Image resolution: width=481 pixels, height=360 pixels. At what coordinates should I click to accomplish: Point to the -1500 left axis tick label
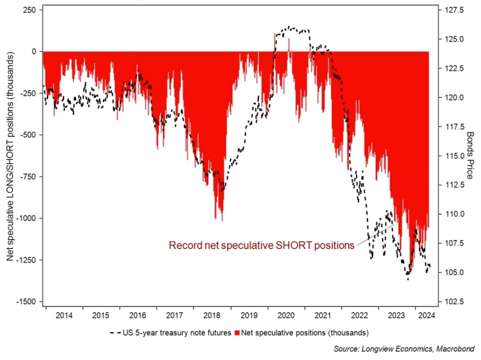25,302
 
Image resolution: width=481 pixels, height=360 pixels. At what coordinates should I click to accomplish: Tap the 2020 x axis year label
286,314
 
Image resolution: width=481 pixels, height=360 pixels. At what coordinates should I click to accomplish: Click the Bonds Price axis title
471,156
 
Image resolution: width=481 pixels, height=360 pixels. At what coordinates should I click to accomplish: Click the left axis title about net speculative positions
9,156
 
